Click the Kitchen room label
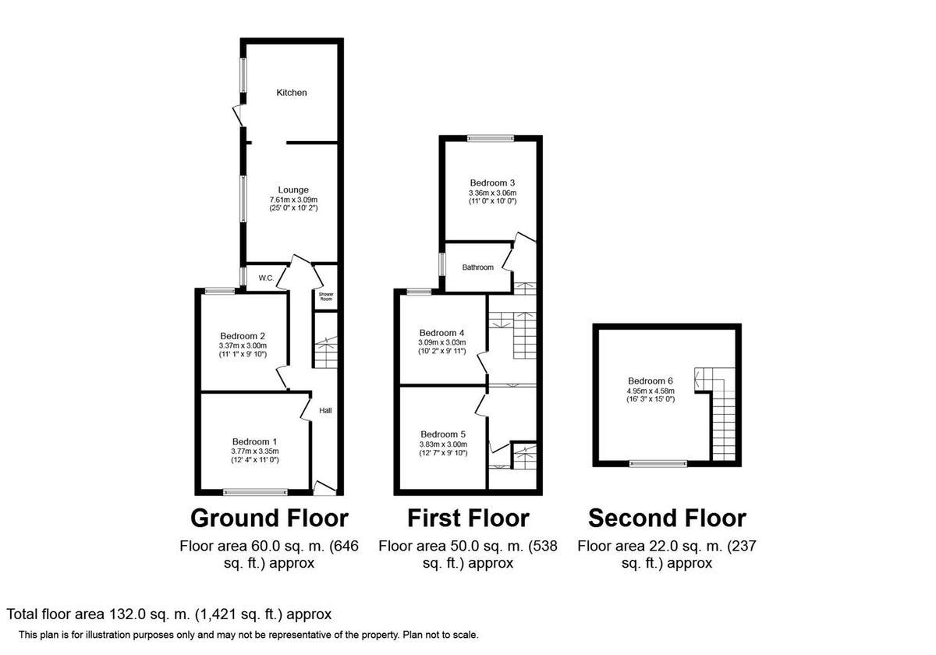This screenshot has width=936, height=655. [292, 93]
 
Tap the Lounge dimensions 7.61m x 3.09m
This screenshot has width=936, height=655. [293, 200]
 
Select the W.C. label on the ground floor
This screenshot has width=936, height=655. [265, 278]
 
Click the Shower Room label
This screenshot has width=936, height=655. [325, 297]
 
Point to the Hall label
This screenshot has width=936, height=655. [325, 410]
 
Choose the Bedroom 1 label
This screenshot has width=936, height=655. [254, 441]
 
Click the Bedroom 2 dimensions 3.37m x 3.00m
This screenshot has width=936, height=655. [242, 345]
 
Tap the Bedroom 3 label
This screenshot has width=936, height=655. [492, 183]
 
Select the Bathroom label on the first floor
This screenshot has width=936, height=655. [477, 267]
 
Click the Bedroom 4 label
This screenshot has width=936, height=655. [441, 331]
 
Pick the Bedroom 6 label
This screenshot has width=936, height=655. [651, 381]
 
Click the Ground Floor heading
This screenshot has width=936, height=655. [269, 518]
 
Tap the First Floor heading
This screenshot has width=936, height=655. [468, 518]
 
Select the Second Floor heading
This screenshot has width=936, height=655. [667, 518]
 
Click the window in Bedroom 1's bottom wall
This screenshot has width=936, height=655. [254, 492]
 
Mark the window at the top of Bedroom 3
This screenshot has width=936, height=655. [491, 139]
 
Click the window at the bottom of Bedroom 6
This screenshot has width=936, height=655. [659, 463]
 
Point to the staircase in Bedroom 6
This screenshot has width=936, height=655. [722, 413]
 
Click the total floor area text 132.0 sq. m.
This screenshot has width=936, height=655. [169, 614]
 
